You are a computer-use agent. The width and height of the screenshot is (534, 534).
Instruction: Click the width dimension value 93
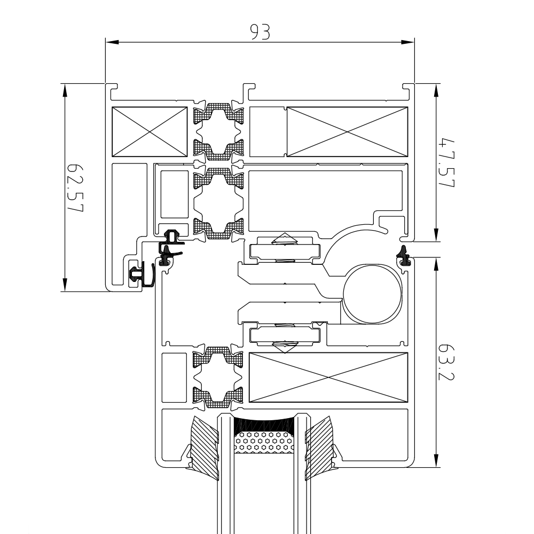[x=261, y=32]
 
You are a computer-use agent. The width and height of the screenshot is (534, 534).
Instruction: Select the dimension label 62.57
[x=75, y=187]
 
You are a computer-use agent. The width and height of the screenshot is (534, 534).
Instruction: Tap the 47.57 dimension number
[x=446, y=163]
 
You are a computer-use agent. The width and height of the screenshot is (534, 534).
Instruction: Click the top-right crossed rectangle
[x=347, y=131]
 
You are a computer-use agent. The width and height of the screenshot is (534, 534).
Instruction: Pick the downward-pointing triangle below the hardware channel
[x=284, y=347]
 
